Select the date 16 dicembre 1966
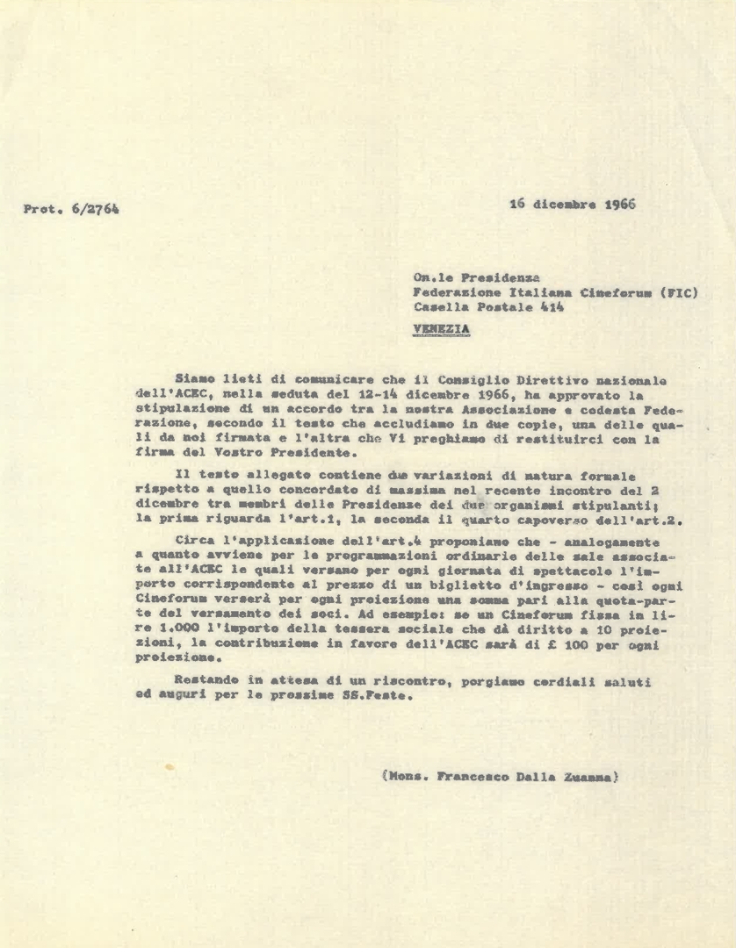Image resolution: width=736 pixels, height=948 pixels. click(x=573, y=205)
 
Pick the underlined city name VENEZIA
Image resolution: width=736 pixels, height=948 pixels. click(x=442, y=329)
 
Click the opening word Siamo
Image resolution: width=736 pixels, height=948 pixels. click(x=195, y=380)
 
